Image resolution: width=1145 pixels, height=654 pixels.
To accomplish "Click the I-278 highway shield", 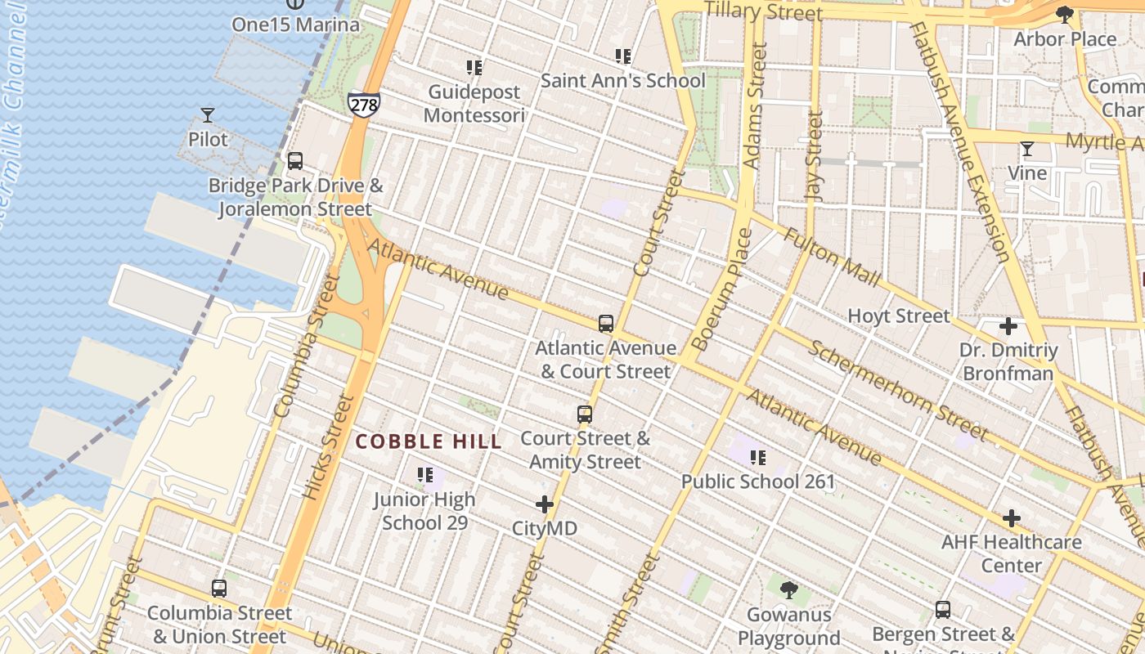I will [x=363, y=104].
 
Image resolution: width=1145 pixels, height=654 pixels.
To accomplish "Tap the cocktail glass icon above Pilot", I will [x=208, y=115].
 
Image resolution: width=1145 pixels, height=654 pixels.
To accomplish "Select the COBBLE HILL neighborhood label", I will [x=429, y=442].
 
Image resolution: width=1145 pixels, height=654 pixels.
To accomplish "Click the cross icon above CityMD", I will [x=545, y=505].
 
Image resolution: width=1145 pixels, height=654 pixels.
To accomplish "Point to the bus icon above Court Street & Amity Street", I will [x=584, y=414].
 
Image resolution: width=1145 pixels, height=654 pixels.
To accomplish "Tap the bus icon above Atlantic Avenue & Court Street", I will [x=605, y=324].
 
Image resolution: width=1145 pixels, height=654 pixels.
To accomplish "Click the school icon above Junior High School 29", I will [x=424, y=475].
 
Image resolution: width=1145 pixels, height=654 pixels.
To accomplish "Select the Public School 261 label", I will [x=758, y=482].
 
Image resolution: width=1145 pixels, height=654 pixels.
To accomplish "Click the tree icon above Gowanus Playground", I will [x=788, y=589].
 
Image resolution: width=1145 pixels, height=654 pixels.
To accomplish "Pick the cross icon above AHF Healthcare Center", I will [x=1012, y=518].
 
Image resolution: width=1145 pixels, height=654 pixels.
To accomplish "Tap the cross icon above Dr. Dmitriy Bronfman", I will [x=1008, y=327].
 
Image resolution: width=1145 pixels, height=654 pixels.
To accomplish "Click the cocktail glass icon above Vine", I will [x=1026, y=149].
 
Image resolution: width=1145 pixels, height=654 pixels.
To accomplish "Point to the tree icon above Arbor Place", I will [x=1064, y=15].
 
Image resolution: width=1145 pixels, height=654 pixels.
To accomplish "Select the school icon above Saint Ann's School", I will [x=623, y=56].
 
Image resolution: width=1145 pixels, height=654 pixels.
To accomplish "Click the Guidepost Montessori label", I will [x=474, y=104].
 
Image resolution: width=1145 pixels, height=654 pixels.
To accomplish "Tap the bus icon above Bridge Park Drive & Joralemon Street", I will [x=294, y=161].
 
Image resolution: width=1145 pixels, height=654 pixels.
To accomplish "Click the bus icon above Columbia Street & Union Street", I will [x=218, y=588].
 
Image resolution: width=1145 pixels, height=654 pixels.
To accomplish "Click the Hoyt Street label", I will [x=899, y=316].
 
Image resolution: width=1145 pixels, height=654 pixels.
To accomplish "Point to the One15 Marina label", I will [x=295, y=25].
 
